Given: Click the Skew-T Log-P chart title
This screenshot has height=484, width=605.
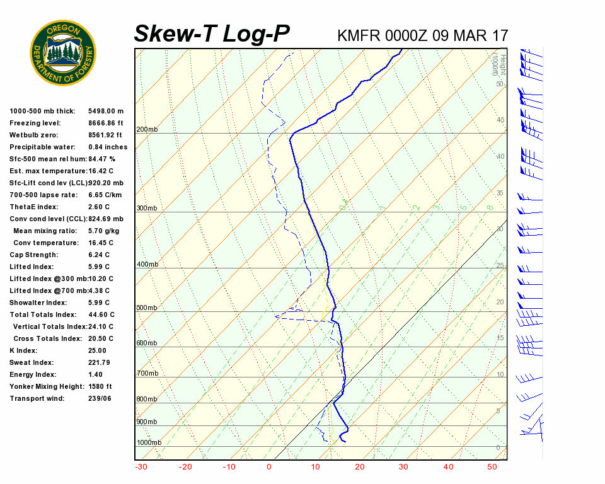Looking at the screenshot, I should (212, 34).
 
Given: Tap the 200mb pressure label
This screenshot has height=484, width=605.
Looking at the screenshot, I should (147, 130).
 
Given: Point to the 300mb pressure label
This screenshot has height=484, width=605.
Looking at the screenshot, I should (147, 208).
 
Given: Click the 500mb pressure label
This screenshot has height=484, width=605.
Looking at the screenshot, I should (147, 308).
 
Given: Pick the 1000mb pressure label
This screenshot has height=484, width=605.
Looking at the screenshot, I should (149, 442).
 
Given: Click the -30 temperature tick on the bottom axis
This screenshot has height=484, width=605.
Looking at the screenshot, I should (141, 467).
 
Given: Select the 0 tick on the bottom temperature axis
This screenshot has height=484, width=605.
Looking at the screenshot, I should (269, 467).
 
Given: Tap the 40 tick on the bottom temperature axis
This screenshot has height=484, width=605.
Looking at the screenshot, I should (448, 467).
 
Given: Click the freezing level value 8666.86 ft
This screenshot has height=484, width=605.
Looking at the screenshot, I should (106, 123).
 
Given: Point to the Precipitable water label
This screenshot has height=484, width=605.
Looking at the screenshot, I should (39, 147).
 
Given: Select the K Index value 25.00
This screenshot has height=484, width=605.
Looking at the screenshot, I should (97, 350).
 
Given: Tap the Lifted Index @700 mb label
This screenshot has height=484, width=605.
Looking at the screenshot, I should (48, 291).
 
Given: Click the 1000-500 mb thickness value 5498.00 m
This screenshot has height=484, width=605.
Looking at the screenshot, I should (106, 111).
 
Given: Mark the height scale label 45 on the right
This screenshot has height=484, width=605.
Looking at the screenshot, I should (500, 120).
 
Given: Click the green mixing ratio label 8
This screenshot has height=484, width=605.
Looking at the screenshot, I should (489, 207).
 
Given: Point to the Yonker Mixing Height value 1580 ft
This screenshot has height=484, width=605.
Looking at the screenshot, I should (100, 386).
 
